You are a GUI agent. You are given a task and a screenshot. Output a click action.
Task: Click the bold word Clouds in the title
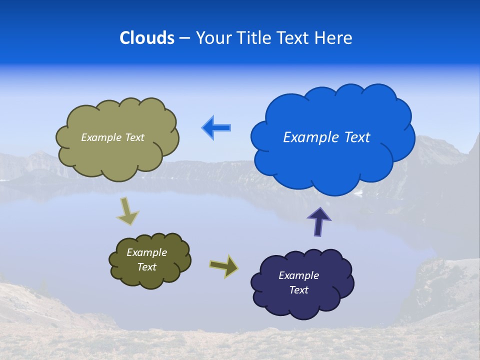(x=147, y=38)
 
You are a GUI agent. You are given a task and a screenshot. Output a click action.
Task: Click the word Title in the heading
(x=252, y=38)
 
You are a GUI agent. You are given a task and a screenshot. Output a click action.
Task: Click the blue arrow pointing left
(x=216, y=127)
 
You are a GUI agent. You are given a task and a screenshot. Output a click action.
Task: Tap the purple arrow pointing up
(x=319, y=221)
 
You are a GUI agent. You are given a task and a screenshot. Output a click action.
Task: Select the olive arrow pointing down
(x=127, y=211)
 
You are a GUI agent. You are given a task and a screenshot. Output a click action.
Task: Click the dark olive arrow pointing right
(x=223, y=266)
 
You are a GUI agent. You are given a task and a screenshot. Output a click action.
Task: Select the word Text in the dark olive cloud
(x=147, y=267)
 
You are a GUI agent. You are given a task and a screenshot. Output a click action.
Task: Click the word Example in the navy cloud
(x=298, y=275)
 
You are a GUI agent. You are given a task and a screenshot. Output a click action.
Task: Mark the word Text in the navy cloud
(x=298, y=290)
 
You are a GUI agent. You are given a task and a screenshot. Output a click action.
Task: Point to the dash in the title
(x=184, y=38)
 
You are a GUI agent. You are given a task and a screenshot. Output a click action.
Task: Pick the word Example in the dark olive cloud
(x=147, y=252)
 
